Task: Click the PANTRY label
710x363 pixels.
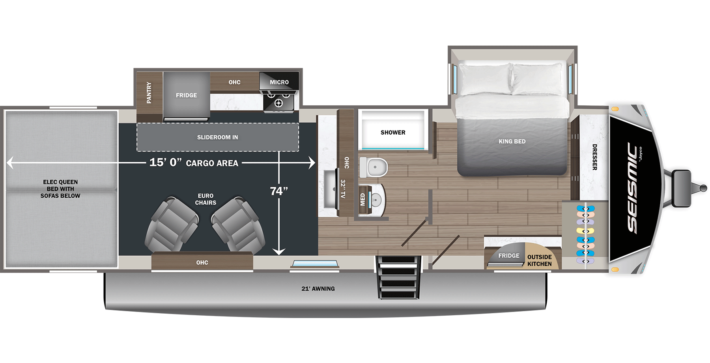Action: tap(149, 93)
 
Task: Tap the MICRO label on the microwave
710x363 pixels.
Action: tap(279, 82)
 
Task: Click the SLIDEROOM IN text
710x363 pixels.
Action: tap(218, 137)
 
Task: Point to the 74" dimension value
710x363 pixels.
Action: tap(279, 191)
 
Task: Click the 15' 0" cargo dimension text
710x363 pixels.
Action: tap(165, 163)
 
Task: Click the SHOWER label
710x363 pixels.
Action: tap(393, 133)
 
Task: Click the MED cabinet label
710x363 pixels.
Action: tap(363, 199)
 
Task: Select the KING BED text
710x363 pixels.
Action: tap(512, 141)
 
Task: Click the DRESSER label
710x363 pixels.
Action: tap(594, 157)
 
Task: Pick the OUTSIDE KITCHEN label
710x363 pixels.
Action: tap(540, 260)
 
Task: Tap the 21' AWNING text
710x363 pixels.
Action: tap(318, 289)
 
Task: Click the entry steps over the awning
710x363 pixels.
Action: tap(398, 277)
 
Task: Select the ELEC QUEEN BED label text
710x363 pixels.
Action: tap(60, 189)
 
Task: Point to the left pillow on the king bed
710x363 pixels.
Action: tap(485, 79)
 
